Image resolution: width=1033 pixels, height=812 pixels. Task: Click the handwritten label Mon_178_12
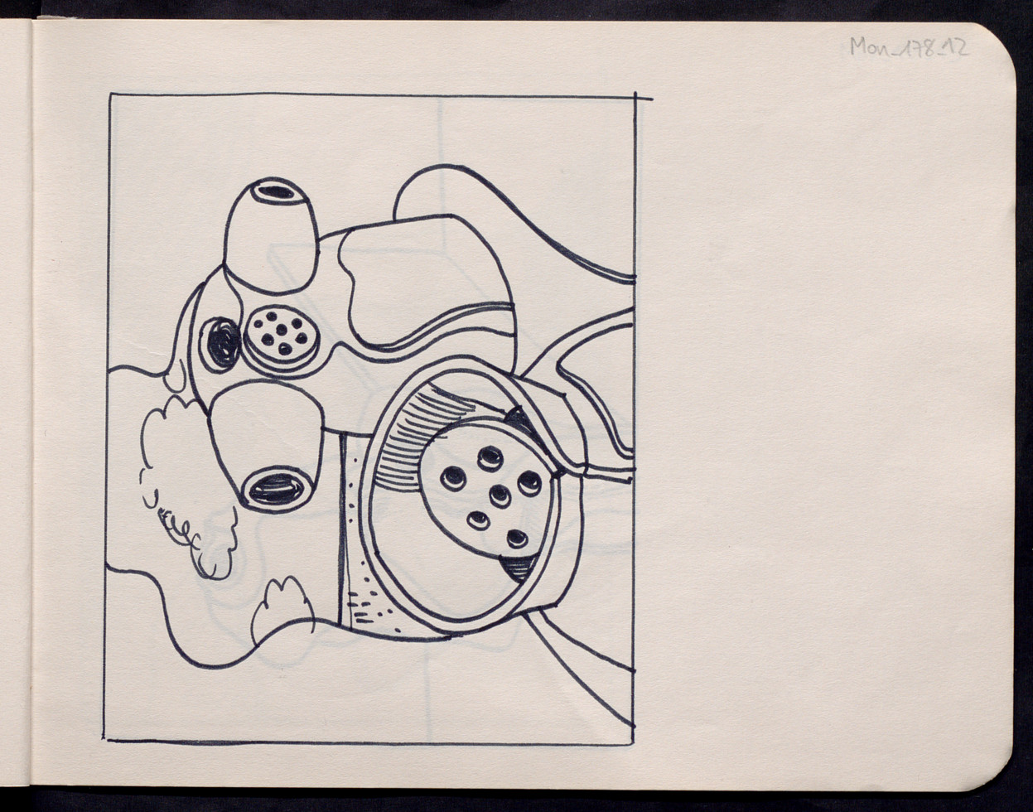click(909, 48)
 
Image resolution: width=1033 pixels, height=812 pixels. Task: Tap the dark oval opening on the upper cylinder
click(276, 192)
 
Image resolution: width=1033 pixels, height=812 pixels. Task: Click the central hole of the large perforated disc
click(500, 495)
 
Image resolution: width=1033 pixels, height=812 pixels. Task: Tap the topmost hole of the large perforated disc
click(488, 457)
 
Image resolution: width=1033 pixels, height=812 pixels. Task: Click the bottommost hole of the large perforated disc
click(517, 539)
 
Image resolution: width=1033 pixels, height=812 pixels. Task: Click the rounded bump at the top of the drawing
click(437, 191)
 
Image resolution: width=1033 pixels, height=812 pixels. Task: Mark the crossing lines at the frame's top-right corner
click(636, 99)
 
